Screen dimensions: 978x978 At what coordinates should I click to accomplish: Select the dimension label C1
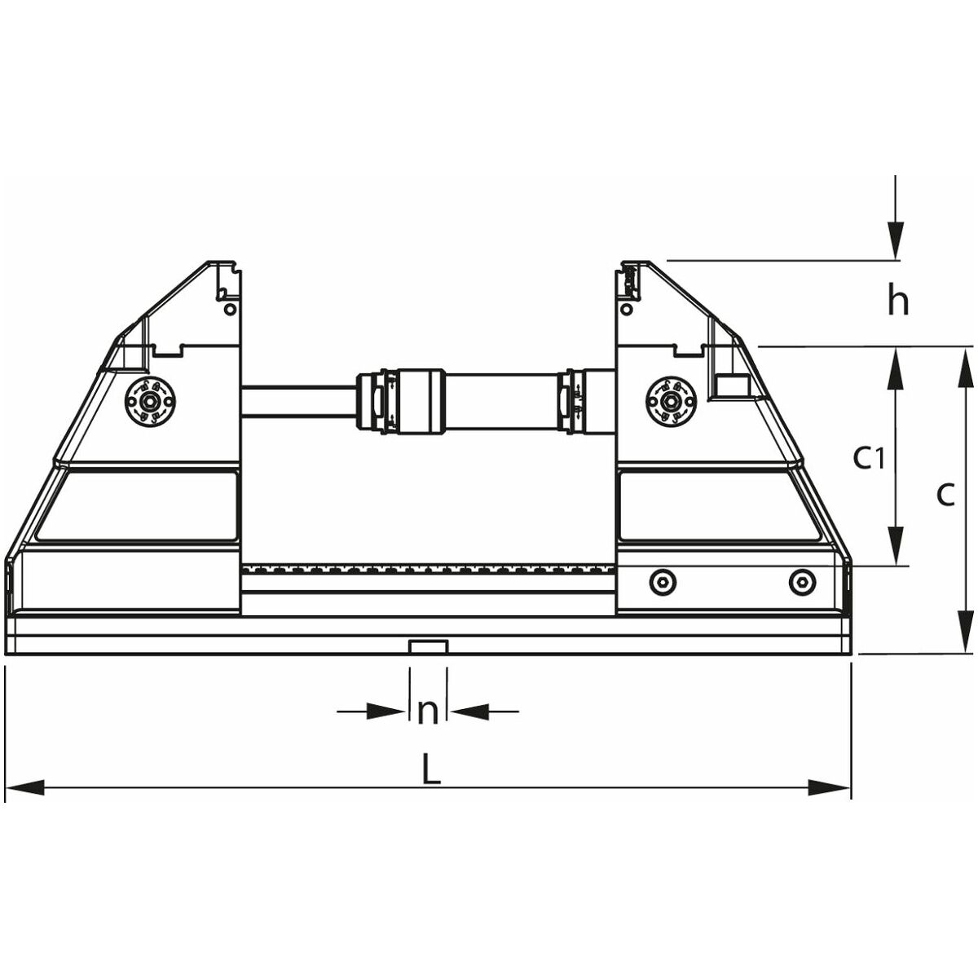869,458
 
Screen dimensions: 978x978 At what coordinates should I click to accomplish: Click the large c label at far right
945,495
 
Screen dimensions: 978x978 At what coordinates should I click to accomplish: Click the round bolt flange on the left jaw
150,400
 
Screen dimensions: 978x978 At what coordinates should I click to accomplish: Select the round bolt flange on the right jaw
672,400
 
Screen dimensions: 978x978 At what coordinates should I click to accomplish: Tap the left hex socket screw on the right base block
663,583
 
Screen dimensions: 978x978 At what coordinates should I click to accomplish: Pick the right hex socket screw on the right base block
803,583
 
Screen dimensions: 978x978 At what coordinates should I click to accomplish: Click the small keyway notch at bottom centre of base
428,647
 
